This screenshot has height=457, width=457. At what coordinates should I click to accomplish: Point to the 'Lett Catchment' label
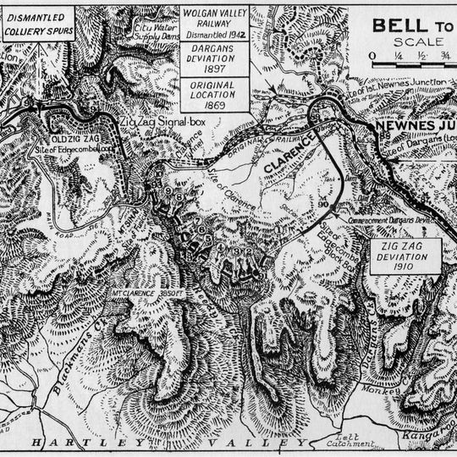pos(353,437)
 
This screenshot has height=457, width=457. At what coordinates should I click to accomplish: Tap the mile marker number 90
pos(325,204)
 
